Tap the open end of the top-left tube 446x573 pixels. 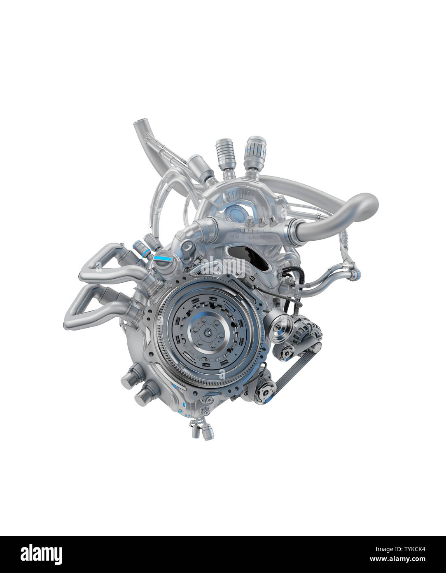(x=140, y=122)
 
